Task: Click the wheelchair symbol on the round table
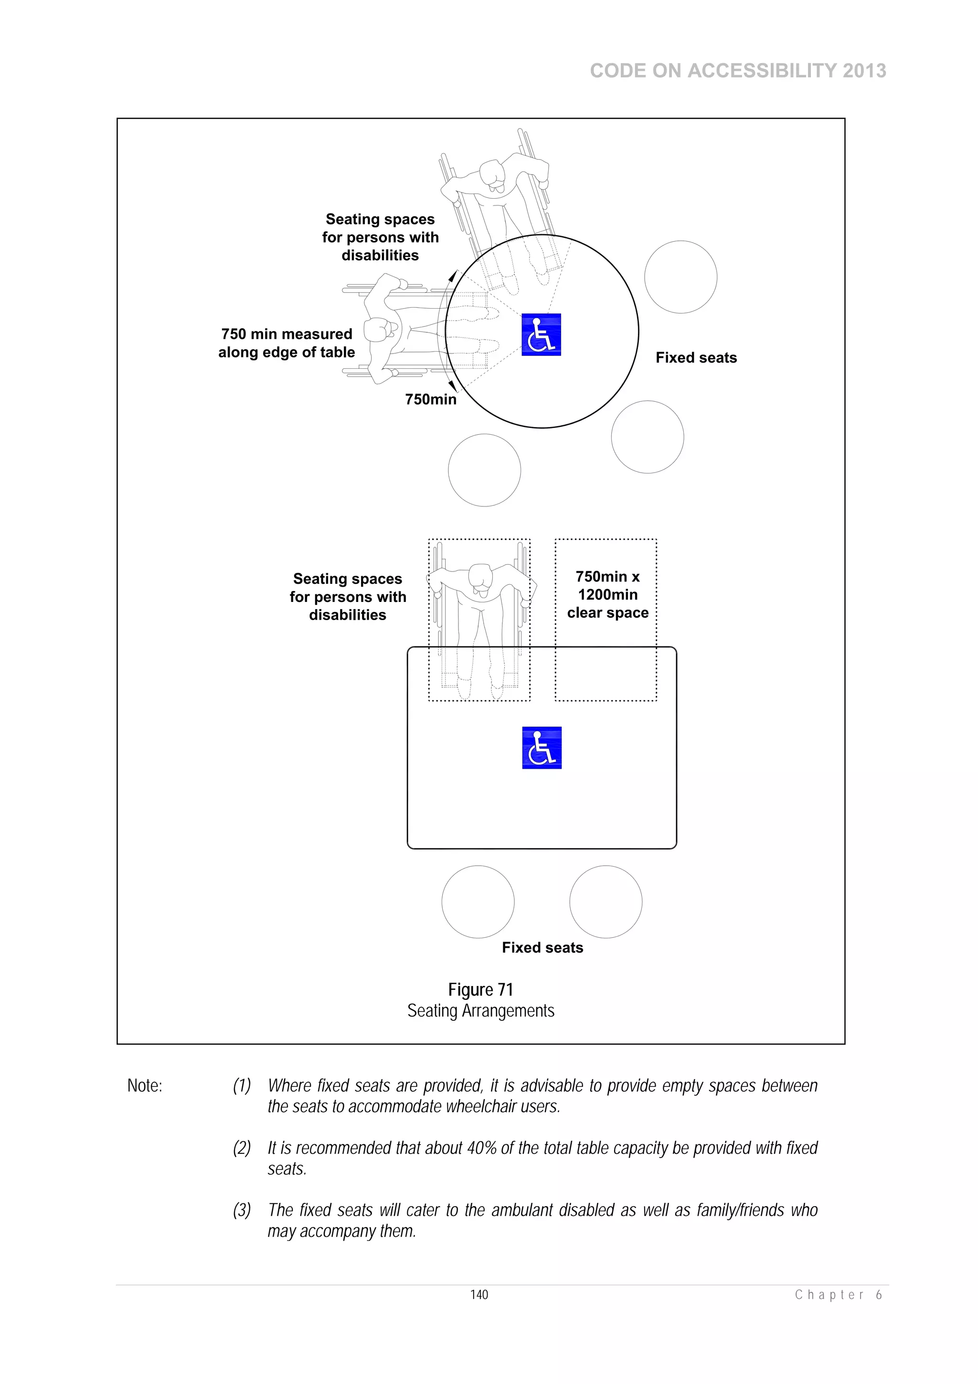pos(541,334)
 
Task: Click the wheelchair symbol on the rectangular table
pos(541,748)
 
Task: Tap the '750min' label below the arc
pos(430,399)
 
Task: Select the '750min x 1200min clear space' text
pos(607,594)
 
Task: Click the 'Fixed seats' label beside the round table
pos(696,357)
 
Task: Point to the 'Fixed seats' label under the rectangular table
pos(542,947)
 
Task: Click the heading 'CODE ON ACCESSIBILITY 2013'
pos(738,71)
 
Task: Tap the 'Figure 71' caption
pos(480,990)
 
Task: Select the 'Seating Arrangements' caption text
pos(480,1011)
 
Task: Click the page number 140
pos(479,1295)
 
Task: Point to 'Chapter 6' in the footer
pos(838,1295)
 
